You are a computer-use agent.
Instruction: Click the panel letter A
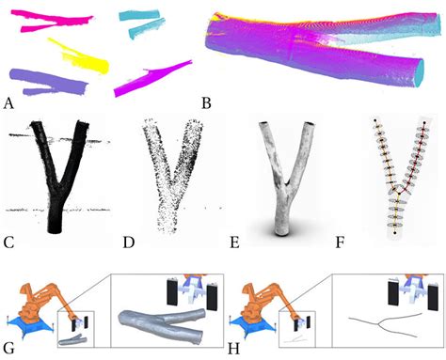[8, 99]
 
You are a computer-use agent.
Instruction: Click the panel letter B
[207, 99]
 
